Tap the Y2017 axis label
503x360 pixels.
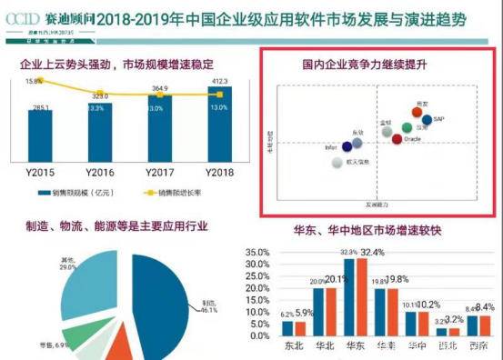[160, 172]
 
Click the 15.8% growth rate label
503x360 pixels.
[34, 81]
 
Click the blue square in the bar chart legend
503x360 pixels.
[42, 194]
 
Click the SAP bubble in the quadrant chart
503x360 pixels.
[427, 119]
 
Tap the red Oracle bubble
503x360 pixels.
[396, 138]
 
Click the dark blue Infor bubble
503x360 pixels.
[345, 144]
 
